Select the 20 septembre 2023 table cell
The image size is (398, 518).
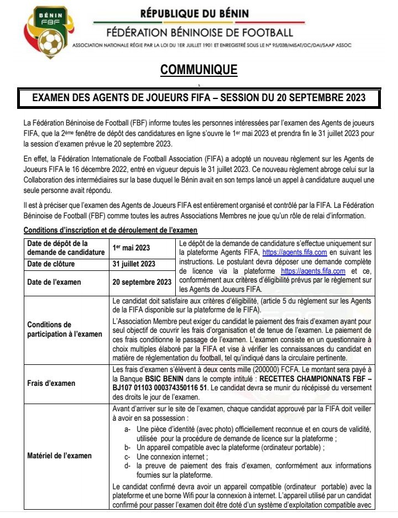coord(142,282)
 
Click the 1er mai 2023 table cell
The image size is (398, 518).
coord(131,248)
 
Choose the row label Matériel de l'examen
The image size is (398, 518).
coord(60,456)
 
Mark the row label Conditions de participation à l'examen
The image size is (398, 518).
coord(65,329)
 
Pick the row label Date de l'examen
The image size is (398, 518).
coord(54,282)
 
